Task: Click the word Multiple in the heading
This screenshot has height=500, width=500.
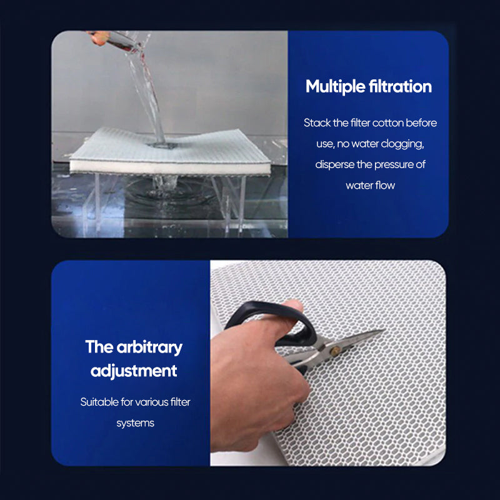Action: [x=335, y=87]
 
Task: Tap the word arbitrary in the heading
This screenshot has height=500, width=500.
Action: [x=149, y=347]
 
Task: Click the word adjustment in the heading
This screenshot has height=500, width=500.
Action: [x=134, y=371]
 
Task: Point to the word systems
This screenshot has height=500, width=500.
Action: [x=135, y=424]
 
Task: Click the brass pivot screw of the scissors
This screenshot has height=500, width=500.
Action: [x=334, y=351]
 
